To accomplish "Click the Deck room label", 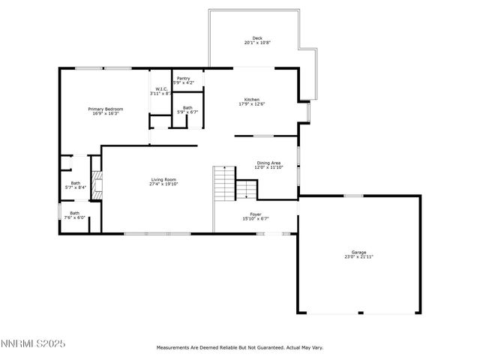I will point(257,38).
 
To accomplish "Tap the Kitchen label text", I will point(252,100).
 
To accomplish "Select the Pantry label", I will point(184,77).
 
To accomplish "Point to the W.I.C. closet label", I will point(160,88).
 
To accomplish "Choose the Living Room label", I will point(163,179).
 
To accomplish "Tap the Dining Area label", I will point(269,163).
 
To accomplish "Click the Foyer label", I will point(256,214).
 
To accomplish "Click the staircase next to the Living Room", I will point(224,183).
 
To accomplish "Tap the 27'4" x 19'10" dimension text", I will point(163,184).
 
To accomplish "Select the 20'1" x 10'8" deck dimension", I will point(257,43).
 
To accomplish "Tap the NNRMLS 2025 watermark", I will point(34,344).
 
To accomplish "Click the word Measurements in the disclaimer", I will point(175,348).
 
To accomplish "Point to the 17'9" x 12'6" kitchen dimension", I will point(252,104).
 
